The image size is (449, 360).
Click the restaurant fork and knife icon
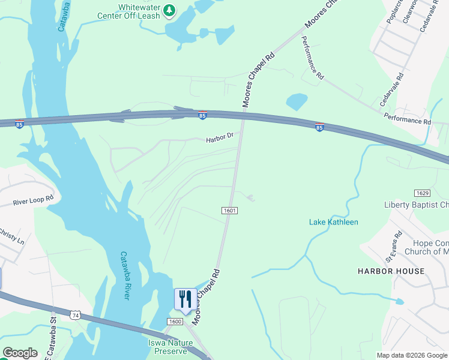pos(185,298)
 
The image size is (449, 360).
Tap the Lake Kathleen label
pos(333,223)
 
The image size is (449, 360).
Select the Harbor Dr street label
pos(218,138)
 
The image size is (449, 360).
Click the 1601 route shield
pos(229,211)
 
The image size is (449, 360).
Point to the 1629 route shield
pos(422,193)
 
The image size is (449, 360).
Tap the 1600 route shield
pos(175,322)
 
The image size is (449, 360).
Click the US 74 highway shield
pos(75,314)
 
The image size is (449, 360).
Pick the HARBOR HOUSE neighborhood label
pos(391,271)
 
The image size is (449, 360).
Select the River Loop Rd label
pos(33,200)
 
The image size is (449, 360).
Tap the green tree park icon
pos(170,9)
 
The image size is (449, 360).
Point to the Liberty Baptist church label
pos(417,205)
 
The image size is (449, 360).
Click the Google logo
pos(20,353)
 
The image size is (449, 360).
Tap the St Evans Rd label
pos(393,247)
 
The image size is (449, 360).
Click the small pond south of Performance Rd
pos(297,101)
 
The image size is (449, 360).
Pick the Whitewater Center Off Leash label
pos(139,11)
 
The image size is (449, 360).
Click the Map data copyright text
pos(412,355)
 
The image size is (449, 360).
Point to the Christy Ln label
pos(11,236)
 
